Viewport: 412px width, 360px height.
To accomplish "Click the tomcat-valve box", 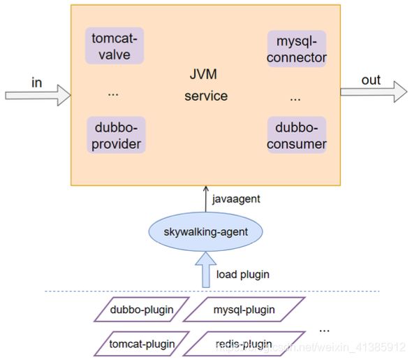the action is coord(115,45).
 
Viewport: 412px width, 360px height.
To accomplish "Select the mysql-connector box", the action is coord(297,49).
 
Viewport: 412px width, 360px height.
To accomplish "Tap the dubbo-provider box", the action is coord(116,135).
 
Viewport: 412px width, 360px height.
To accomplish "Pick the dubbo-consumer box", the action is coord(297,135).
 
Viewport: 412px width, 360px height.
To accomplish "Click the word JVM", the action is coord(203,74).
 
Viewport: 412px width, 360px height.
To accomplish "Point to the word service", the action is coord(206,96).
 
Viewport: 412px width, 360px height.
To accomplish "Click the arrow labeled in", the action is coord(38,95).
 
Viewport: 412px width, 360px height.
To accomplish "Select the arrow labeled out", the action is coord(374,92).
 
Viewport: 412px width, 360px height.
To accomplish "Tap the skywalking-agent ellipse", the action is coord(205,231).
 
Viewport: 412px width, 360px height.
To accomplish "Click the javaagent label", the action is coord(236,199).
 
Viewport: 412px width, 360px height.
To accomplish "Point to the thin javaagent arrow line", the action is coord(206,199).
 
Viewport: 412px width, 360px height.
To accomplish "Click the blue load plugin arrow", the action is coord(206,270).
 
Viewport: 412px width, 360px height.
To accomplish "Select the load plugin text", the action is coord(243,275).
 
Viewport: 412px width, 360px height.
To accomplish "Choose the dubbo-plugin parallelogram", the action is coord(142,310).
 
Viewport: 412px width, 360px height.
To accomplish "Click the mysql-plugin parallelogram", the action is coord(244,310).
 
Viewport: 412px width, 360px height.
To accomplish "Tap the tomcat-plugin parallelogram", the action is coord(142,344).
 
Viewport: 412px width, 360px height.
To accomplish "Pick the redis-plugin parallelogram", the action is coord(244,344).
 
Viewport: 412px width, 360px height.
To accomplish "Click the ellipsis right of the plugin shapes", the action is coord(324,331).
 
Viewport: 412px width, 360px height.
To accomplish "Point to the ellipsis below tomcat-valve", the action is coord(113,94).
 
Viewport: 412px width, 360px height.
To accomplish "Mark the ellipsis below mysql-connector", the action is coord(295,99).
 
